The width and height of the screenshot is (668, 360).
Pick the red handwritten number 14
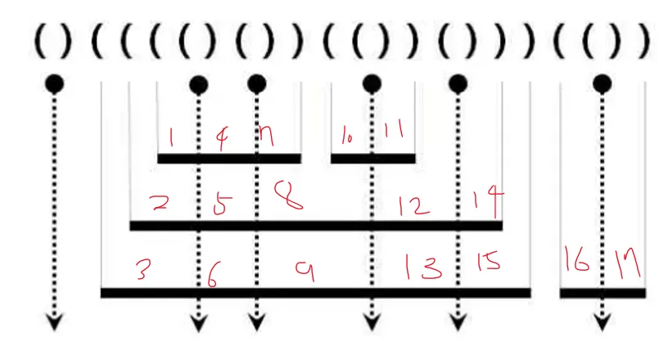click(488, 200)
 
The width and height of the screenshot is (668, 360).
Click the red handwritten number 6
click(212, 278)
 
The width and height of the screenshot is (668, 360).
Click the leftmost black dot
click(54, 83)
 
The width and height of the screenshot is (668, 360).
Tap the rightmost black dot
click(603, 83)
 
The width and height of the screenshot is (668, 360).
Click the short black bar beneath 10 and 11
click(373, 159)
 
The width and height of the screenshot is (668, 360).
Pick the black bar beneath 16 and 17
click(603, 292)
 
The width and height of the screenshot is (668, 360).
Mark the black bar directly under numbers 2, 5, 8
click(315, 226)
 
